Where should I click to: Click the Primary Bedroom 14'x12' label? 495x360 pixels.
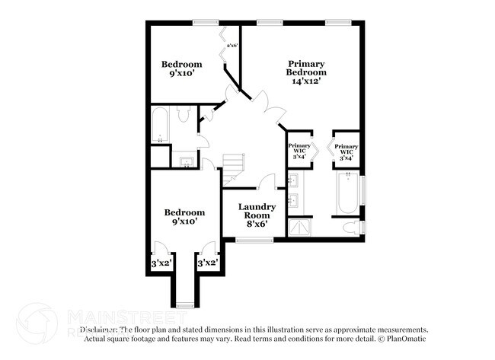coord(306,72)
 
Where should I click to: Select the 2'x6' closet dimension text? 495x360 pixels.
coord(232,45)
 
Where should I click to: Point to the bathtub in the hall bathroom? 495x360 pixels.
coord(160,126)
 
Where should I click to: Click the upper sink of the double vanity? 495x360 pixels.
coord(293,180)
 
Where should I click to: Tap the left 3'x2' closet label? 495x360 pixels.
coord(161,263)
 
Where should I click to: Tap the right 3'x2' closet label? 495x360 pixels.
coord(208,263)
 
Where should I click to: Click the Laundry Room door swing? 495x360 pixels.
coord(267,183)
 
